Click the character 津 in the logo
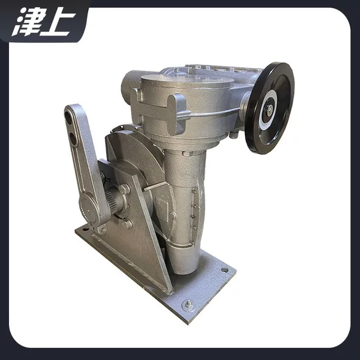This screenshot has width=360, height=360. [27, 22]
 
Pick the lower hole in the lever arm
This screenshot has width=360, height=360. [74, 138]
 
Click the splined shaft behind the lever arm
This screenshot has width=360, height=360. [113, 197]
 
